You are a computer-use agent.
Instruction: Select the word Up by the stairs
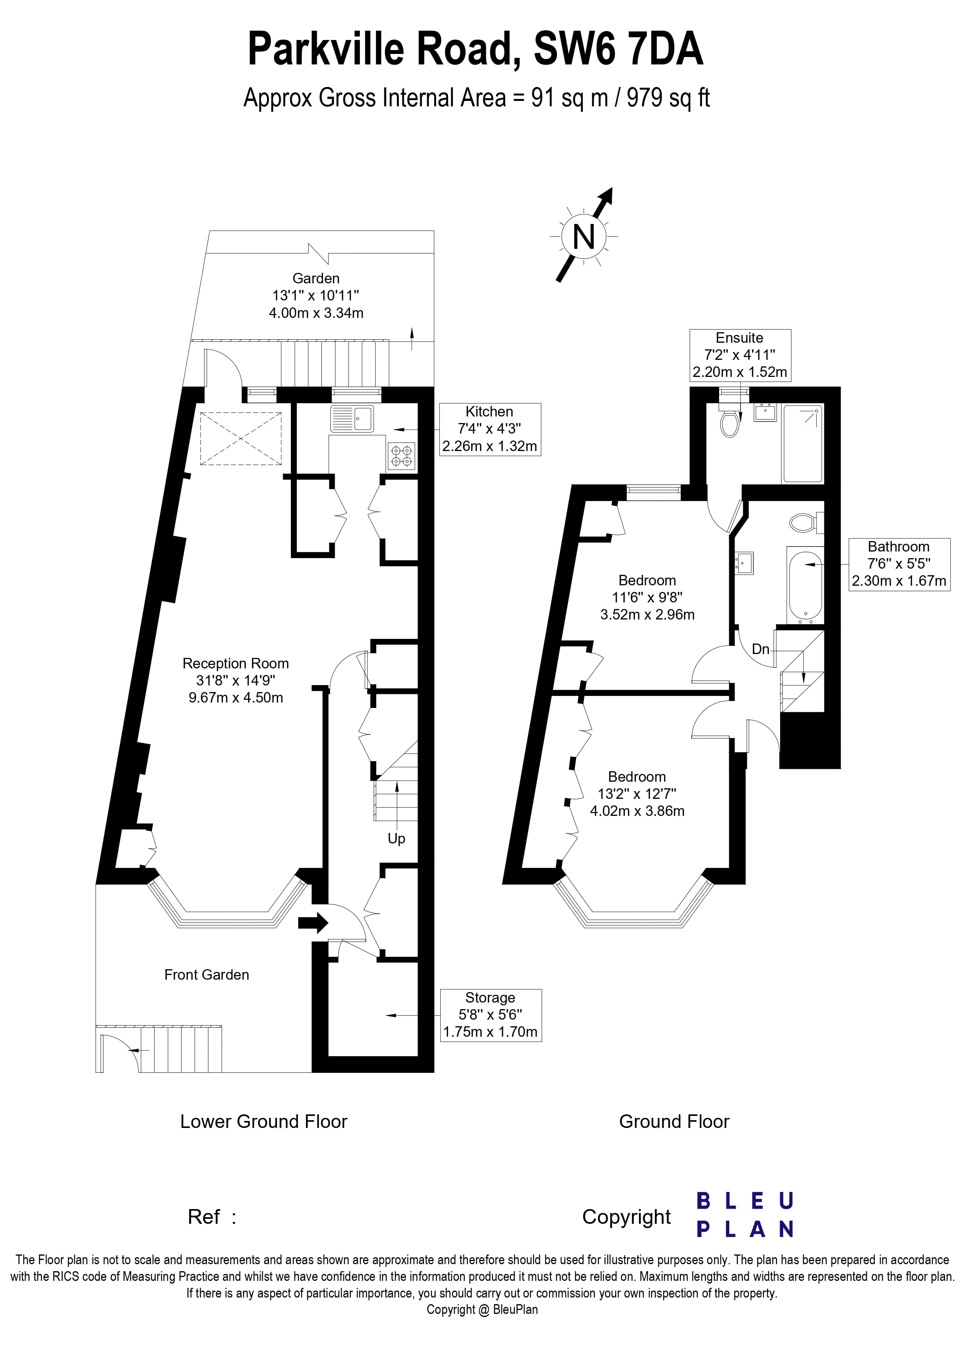[x=396, y=839]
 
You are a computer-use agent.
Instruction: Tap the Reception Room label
[x=236, y=663]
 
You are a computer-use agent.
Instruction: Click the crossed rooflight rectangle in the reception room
[x=241, y=438]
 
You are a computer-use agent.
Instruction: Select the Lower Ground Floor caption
[x=263, y=1121]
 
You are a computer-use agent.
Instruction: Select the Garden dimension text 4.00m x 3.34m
[x=316, y=312]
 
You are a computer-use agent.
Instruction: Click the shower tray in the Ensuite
[x=803, y=443]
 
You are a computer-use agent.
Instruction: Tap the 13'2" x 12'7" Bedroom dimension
[x=637, y=794]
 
